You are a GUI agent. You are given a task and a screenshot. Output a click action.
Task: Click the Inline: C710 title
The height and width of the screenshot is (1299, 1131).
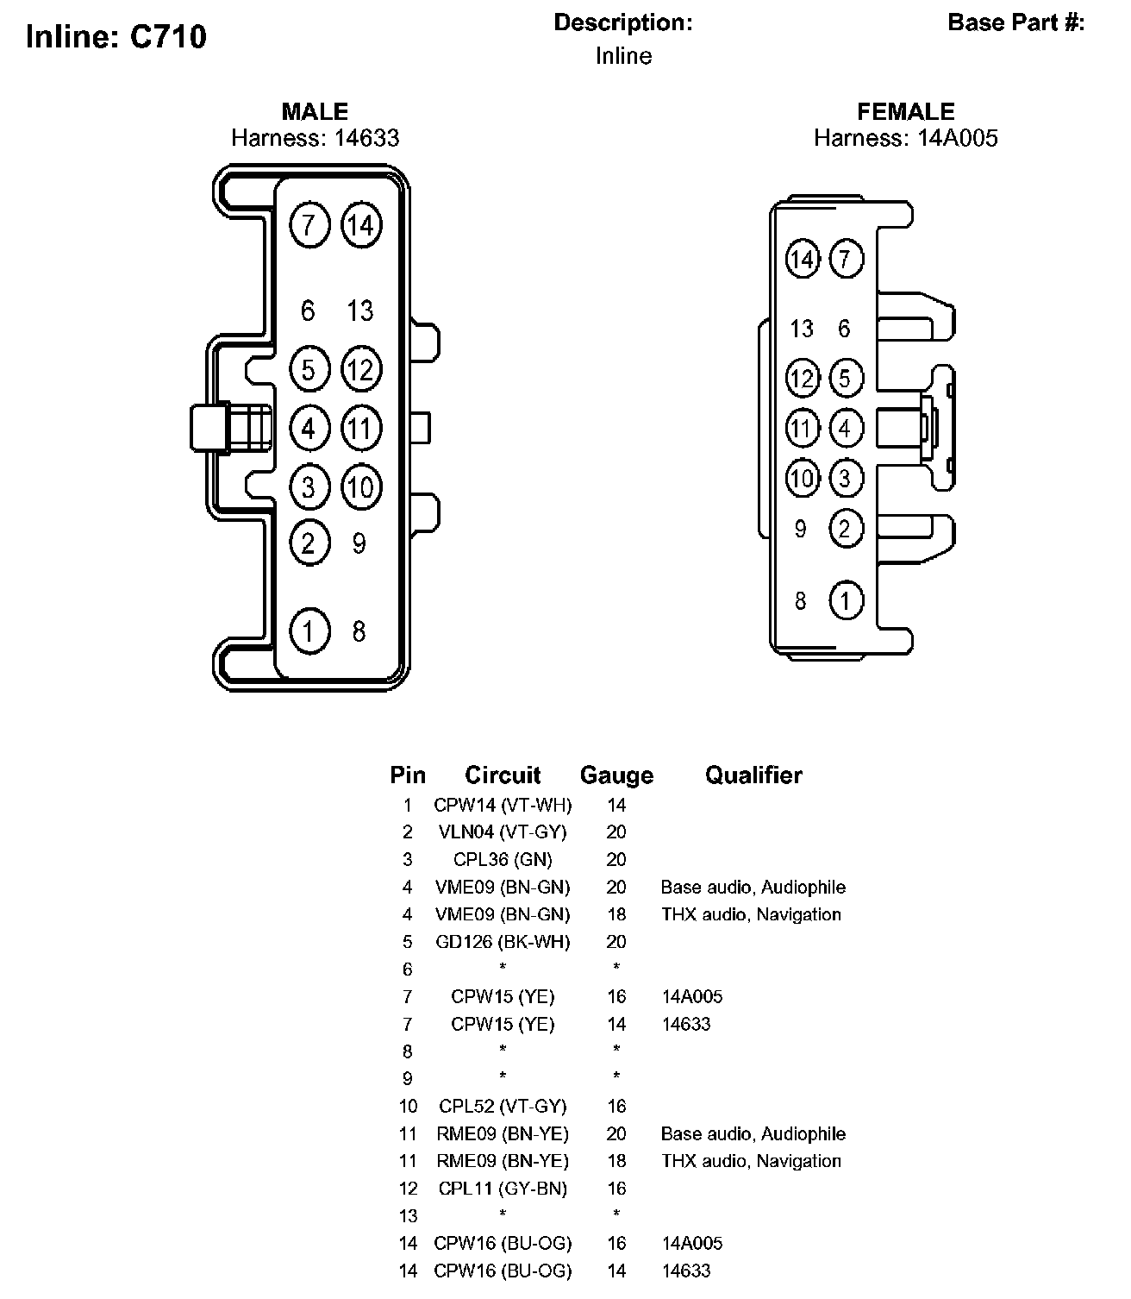pos(116,36)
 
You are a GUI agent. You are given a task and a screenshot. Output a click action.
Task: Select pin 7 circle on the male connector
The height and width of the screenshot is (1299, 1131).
pos(309,225)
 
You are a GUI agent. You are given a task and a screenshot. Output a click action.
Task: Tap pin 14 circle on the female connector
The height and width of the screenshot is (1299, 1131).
pos(803,259)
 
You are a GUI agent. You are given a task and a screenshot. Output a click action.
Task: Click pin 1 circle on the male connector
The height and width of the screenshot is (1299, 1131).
pos(309,631)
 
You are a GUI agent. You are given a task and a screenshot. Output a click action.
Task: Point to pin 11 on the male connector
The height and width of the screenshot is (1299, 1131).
pos(361,429)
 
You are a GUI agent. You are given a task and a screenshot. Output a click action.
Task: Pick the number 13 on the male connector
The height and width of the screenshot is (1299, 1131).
pos(360,311)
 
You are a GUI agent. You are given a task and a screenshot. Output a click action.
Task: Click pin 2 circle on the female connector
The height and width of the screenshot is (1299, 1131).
pos(846,528)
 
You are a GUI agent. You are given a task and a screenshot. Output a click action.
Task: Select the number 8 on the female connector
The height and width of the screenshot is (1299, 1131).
pos(801,600)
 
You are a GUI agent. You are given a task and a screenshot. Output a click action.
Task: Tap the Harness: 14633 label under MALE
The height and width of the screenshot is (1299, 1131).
pos(316,138)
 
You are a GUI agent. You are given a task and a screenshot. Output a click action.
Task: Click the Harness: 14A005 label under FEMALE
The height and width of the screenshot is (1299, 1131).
pos(906,138)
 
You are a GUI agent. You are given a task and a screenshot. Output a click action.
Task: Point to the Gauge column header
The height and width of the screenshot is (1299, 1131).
pos(616,775)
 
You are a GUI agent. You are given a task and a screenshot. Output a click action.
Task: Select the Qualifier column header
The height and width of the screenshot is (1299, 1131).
pos(753,775)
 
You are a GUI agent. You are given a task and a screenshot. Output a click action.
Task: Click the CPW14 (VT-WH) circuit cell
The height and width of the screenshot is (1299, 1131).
pos(503,806)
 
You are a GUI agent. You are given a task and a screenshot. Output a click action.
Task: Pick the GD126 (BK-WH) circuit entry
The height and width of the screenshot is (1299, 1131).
pos(503,942)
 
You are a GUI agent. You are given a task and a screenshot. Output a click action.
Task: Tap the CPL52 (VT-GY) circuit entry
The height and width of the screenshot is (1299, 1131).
pos(503,1106)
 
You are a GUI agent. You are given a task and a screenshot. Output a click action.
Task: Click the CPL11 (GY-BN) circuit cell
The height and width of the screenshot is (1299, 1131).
pos(503,1189)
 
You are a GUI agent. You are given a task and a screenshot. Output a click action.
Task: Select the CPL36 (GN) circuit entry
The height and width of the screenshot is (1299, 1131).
pos(503,860)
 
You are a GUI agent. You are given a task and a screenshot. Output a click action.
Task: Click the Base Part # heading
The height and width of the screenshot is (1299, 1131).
pos(1015,22)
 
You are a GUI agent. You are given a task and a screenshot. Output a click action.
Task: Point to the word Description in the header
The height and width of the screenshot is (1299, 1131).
pos(622,22)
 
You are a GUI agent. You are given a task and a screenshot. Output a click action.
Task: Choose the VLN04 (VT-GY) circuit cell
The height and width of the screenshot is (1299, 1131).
pos(503,832)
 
